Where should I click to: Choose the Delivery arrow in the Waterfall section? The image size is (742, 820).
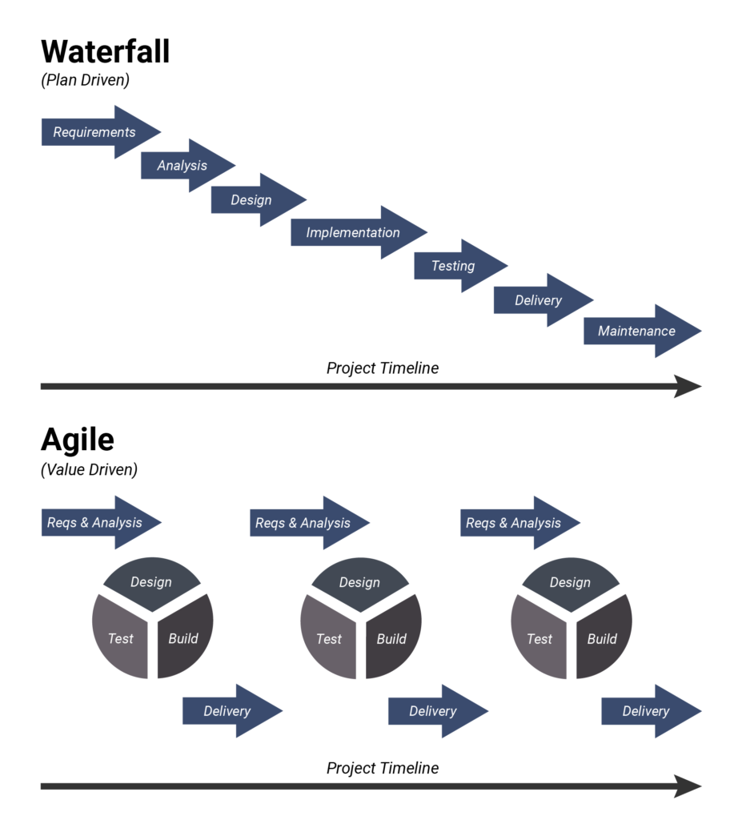[539, 300]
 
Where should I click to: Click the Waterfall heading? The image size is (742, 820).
[105, 51]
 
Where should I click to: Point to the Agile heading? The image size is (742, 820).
[78, 440]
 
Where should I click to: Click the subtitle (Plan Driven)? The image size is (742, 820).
[85, 80]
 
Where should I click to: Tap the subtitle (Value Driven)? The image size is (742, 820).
[89, 469]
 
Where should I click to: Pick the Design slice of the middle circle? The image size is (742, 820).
[359, 582]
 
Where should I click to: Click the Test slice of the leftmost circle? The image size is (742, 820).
[120, 638]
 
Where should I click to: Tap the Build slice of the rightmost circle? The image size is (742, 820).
[603, 638]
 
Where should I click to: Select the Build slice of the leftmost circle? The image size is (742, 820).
[184, 638]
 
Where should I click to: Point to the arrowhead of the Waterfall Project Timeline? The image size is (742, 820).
[688, 386]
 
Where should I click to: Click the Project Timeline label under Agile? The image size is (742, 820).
[383, 768]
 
